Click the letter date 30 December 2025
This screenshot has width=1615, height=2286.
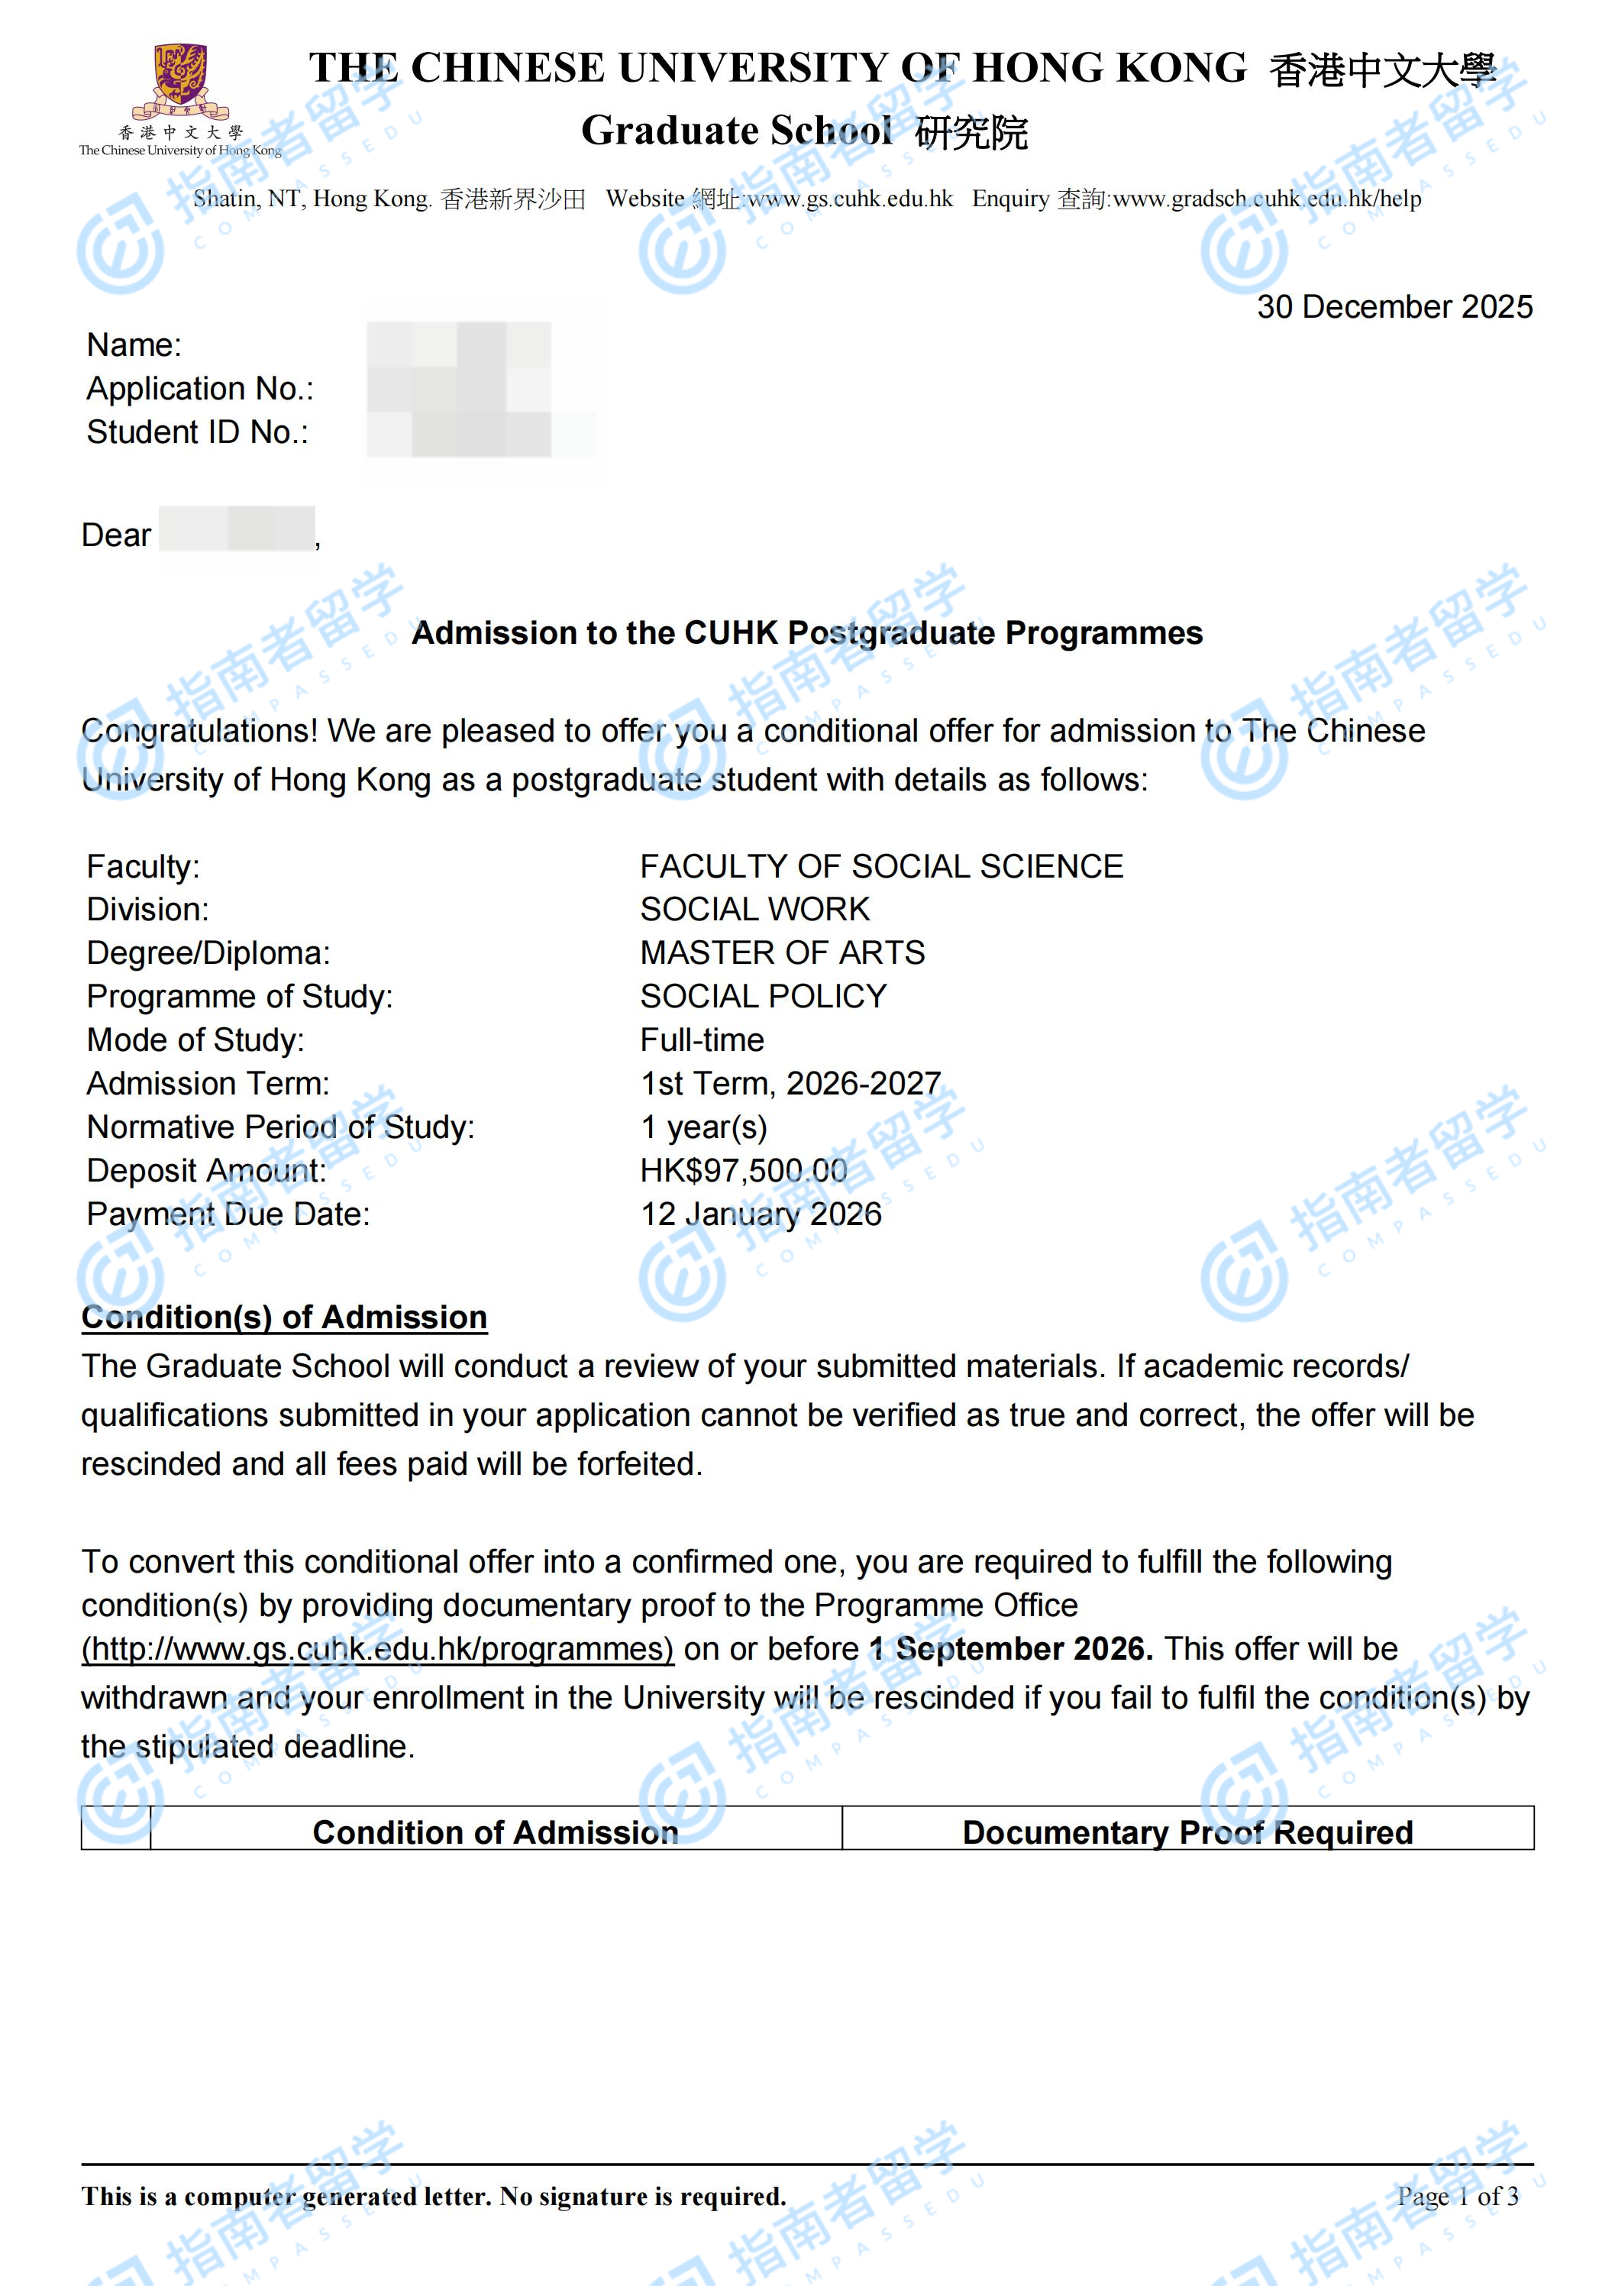point(1394,307)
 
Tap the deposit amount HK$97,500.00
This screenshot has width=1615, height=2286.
point(744,1171)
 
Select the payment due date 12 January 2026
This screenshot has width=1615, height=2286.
point(761,1214)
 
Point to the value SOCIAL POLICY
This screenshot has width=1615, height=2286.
point(763,997)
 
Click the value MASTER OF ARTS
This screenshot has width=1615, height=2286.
point(782,953)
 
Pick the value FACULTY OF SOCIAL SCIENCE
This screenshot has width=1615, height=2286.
point(881,866)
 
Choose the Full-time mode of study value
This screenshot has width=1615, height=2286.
point(702,1040)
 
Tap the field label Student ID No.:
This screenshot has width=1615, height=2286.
point(197,432)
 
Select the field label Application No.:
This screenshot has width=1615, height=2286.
point(200,388)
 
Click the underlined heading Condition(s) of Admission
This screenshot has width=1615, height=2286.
point(284,1318)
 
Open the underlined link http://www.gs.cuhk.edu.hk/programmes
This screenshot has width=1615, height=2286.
point(377,1649)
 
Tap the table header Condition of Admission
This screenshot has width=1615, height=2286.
point(495,1832)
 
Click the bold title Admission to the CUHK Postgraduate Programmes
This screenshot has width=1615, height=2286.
point(806,633)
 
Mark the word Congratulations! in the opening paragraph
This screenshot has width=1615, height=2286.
point(199,731)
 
